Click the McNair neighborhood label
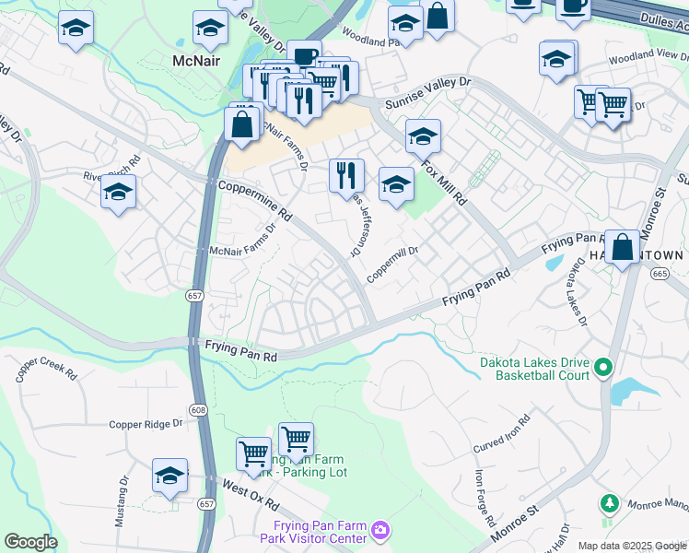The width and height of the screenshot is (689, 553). point(197,60)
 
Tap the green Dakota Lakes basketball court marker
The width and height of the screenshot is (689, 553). point(603,369)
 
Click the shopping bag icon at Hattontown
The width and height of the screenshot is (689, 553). point(623,248)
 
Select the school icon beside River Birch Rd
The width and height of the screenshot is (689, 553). point(119,193)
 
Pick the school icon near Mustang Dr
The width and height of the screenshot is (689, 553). point(169,476)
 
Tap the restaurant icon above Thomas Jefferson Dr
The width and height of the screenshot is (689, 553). point(347,175)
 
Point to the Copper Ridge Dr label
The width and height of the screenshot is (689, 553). point(146,424)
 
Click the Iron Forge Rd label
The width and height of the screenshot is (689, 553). point(481,498)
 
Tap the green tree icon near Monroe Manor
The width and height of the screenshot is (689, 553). point(608,503)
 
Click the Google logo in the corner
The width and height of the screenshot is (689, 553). point(31,542)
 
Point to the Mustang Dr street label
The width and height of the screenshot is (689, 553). point(121,501)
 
